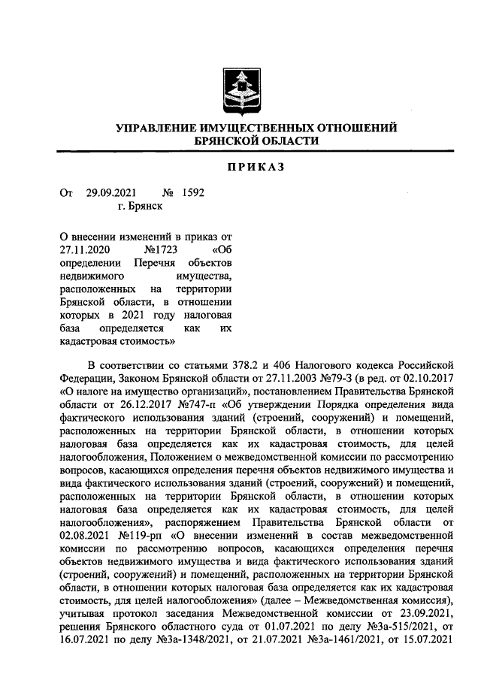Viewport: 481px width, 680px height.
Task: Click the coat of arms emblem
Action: coord(240,89)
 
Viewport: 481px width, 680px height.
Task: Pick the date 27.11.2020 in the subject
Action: coord(85,249)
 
